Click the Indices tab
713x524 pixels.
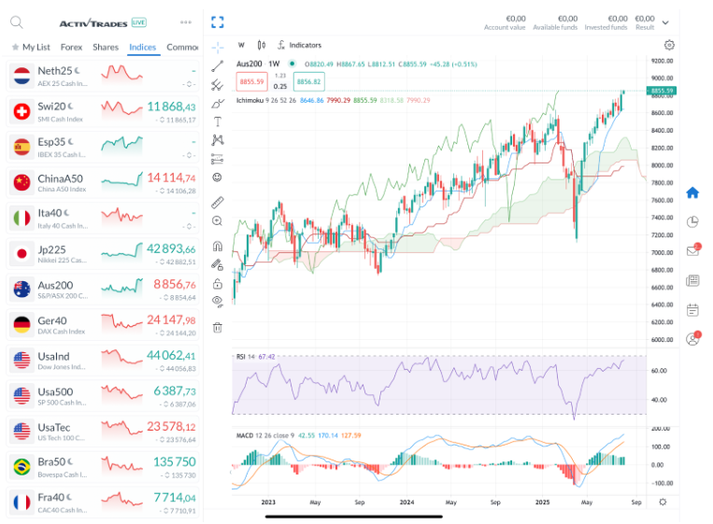143,47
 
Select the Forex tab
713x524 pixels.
71,47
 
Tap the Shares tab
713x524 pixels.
106,47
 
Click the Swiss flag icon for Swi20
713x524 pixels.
21,112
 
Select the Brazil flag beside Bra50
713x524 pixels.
21,466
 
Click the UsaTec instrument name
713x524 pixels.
52,426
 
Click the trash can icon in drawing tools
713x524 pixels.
218,327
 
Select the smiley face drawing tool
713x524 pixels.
218,177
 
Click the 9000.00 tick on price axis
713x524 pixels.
663,78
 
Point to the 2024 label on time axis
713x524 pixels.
406,502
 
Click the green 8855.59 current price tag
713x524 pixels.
661,90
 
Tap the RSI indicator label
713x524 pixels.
241,356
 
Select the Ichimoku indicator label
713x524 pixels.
251,99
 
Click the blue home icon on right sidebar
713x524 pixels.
692,193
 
